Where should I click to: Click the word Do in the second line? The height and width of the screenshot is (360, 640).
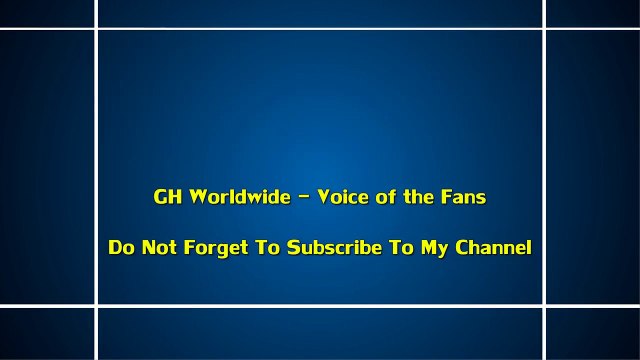(x=121, y=248)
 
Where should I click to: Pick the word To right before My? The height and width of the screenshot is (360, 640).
(x=399, y=248)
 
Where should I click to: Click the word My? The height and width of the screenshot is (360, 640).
(x=432, y=248)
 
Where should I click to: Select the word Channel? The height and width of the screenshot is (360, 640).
(x=493, y=248)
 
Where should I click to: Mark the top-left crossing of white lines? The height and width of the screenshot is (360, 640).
(x=96, y=29)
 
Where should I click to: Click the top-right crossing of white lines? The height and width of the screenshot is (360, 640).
(x=544, y=29)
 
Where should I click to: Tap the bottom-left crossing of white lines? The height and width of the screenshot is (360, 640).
(x=96, y=305)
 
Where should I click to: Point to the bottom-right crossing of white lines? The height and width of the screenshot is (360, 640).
(x=544, y=305)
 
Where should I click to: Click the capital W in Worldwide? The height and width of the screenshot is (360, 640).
(x=194, y=197)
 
